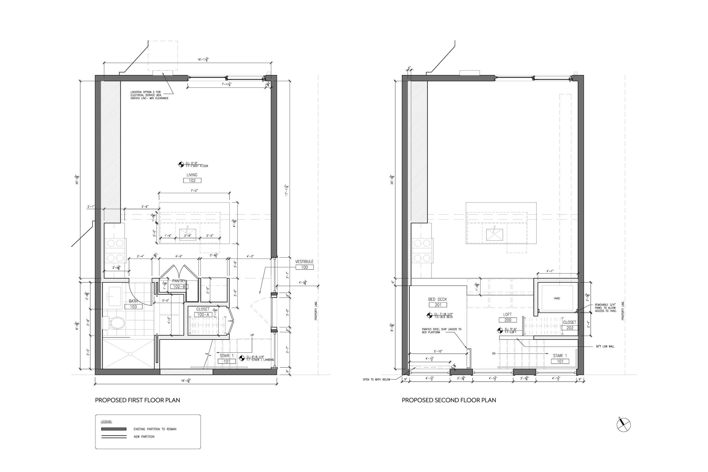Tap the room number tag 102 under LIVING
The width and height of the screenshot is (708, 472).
tap(192, 181)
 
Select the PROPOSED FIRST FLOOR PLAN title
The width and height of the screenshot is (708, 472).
tap(137, 400)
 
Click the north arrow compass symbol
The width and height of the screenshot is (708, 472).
tap(623, 425)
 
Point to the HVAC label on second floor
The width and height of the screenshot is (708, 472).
tap(556, 298)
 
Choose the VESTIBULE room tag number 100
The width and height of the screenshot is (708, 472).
tap(304, 267)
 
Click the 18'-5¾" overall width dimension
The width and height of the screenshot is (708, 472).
tap(186, 381)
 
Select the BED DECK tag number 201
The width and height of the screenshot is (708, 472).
tap(438, 305)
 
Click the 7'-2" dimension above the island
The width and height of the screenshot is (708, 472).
tap(194, 191)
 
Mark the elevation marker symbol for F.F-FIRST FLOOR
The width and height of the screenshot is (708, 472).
tap(181, 164)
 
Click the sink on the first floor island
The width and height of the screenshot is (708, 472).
tap(187, 234)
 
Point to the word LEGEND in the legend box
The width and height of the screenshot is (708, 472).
tap(106, 422)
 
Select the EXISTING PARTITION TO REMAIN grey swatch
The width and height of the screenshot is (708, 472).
tap(114, 429)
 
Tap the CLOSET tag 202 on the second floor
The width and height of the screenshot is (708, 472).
tap(570, 328)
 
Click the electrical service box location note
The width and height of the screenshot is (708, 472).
tap(149, 95)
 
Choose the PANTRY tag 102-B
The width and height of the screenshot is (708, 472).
tap(179, 287)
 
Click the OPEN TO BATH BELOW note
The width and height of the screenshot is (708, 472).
tap(376, 380)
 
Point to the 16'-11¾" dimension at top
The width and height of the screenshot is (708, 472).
tap(203, 60)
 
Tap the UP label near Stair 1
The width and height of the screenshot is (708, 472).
tap(252, 335)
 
